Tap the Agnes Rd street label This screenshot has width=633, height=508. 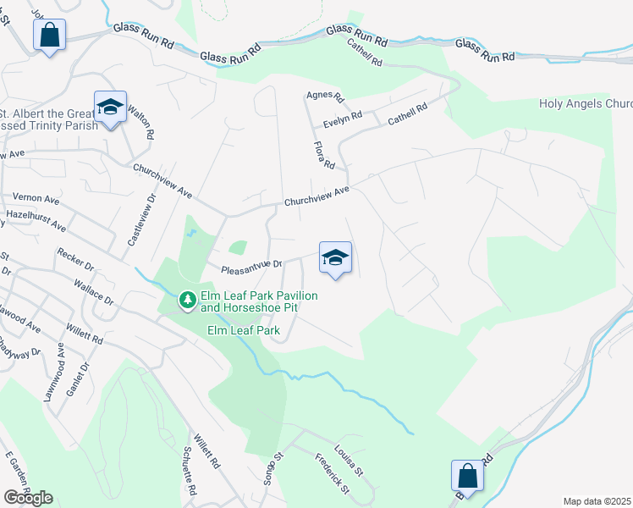click(x=326, y=97)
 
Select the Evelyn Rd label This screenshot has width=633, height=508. click(x=343, y=117)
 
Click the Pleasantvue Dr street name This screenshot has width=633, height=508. click(x=250, y=268)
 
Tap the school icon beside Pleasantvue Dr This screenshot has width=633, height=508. click(x=335, y=257)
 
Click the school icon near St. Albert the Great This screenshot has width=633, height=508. click(x=110, y=107)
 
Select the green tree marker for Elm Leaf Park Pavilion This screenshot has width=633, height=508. click(x=186, y=299)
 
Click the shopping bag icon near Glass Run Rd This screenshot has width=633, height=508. click(x=50, y=36)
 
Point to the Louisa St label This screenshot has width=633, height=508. click(x=348, y=460)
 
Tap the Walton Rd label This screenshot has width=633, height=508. click(x=140, y=123)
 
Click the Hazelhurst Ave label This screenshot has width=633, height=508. click(x=36, y=222)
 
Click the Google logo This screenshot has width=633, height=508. click(x=28, y=497)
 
